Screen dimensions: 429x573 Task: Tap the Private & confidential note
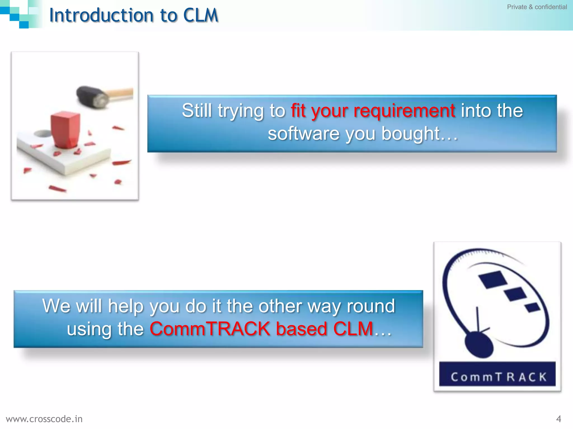pos(537,7)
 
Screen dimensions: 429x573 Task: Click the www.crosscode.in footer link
pos(44,419)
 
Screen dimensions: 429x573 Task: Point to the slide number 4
pos(558,419)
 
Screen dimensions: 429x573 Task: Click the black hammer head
pos(91,96)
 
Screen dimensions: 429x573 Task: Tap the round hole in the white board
pos(43,134)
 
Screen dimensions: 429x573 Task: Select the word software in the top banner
pos(304,134)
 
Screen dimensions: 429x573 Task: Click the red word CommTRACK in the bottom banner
pos(210,329)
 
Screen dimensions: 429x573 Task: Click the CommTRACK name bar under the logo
pos(497,374)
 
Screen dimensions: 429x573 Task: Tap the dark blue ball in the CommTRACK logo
pos(479,344)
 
